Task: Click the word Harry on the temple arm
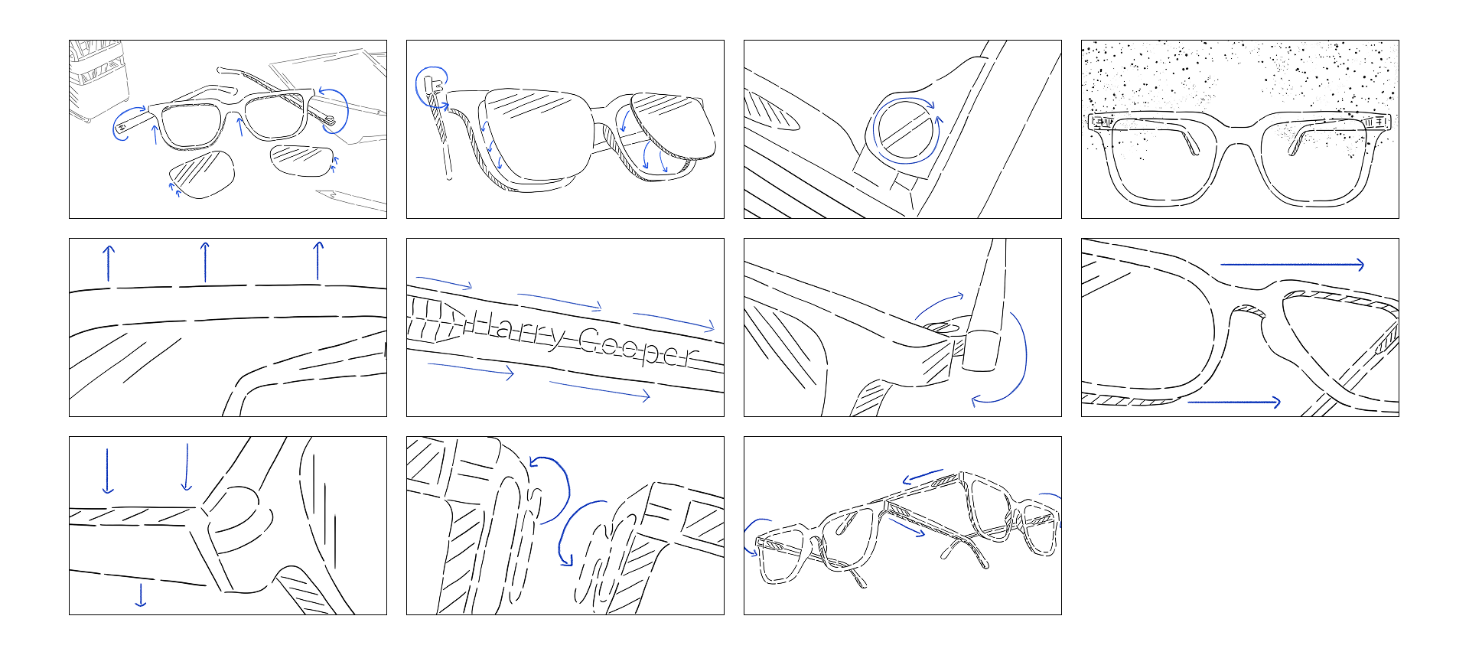(x=515, y=330)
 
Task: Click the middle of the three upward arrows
(x=205, y=262)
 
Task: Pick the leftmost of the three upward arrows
(x=109, y=263)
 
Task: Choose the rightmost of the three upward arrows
(x=318, y=261)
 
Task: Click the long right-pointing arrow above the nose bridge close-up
(x=1292, y=265)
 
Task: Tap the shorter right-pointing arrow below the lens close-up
(x=1234, y=402)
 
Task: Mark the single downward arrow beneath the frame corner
(x=141, y=595)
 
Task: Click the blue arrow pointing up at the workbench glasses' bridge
(x=241, y=127)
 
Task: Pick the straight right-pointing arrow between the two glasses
(x=907, y=528)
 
